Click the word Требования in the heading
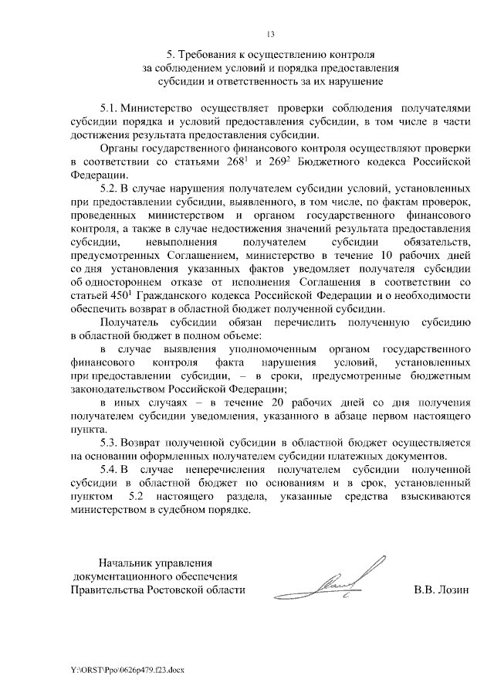(209, 55)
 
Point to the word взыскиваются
(433, 495)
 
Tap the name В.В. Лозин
(441, 590)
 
